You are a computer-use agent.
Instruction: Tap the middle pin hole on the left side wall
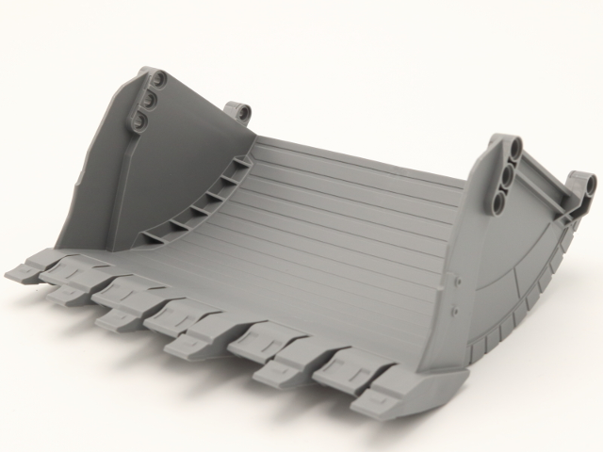[150, 99]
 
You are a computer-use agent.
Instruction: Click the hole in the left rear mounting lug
[242, 112]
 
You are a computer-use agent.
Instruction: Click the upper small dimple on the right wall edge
[456, 280]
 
